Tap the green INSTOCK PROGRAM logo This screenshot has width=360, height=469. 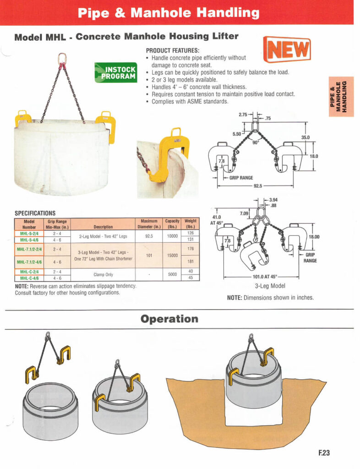[116, 72]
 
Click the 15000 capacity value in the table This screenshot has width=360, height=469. [172, 256]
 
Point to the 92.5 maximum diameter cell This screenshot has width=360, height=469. [149, 236]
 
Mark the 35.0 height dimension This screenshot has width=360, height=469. [305, 137]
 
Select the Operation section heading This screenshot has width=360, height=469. [169, 319]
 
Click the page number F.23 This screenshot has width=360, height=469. [324, 453]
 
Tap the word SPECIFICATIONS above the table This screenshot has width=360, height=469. [35, 213]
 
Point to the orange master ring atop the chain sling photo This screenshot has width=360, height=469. [62, 58]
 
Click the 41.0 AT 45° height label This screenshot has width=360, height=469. [216, 220]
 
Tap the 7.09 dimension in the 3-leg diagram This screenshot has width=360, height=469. [244, 213]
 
